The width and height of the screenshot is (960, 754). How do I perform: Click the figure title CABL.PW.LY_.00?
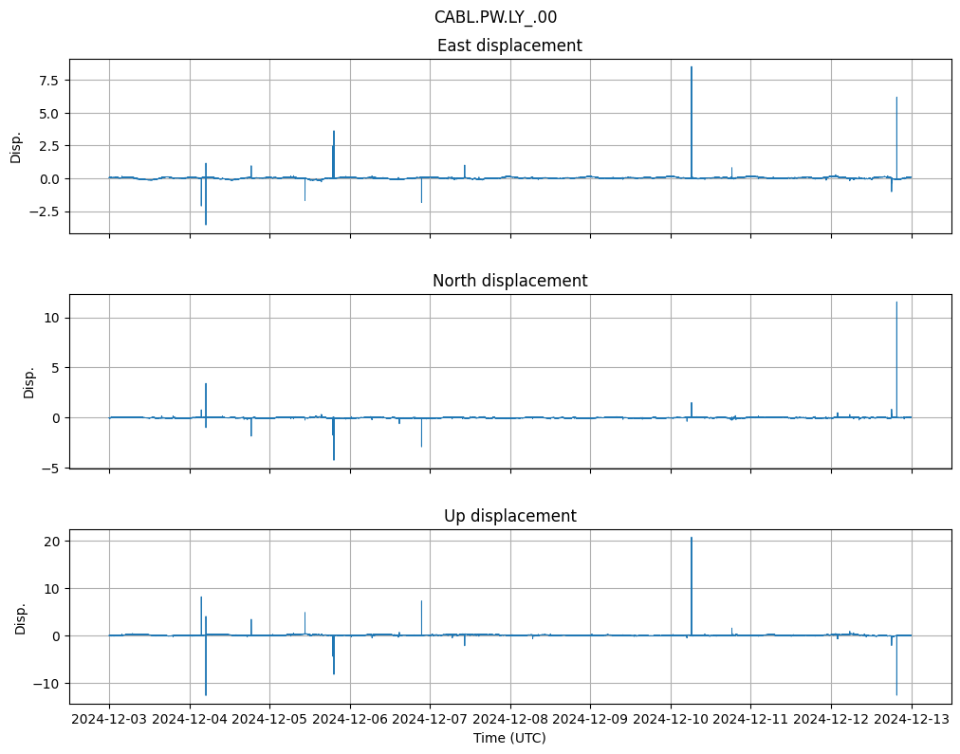(x=502, y=17)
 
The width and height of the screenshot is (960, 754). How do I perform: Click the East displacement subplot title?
(x=509, y=46)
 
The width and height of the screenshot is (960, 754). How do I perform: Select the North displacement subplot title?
(x=509, y=281)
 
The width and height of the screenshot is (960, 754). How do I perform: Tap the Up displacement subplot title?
(x=509, y=516)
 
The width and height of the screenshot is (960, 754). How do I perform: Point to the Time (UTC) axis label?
(x=509, y=738)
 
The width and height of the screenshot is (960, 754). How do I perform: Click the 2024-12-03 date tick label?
(x=109, y=719)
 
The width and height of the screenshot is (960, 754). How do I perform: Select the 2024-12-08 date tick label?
(x=510, y=719)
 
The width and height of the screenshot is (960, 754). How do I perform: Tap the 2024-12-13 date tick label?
(x=912, y=719)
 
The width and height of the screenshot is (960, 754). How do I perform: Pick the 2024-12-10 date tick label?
(x=671, y=719)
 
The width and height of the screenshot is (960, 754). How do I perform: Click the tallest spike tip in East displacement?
(x=692, y=67)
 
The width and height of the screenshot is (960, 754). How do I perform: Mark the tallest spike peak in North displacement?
(x=896, y=303)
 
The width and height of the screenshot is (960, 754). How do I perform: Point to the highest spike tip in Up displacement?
(x=692, y=538)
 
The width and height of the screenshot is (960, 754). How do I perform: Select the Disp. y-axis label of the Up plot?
(x=20, y=617)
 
